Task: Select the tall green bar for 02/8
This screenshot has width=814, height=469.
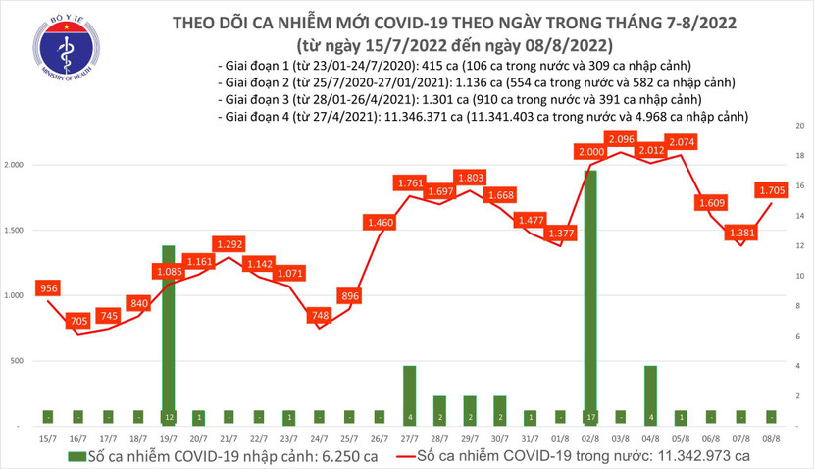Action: click(x=590, y=294)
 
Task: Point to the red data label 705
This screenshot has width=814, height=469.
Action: click(x=76, y=319)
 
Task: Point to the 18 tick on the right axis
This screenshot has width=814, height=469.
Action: click(x=799, y=156)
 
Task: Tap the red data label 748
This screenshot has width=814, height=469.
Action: click(x=320, y=315)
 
